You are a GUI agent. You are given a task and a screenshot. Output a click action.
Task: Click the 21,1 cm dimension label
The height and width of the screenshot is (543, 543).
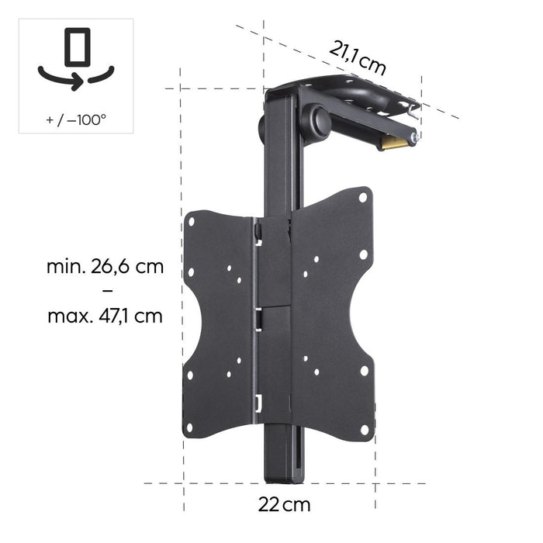point(358,57)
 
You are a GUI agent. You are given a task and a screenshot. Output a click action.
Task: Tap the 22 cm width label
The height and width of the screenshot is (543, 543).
point(284,504)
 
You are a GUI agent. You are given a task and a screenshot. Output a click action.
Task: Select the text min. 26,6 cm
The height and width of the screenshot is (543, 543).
point(105,267)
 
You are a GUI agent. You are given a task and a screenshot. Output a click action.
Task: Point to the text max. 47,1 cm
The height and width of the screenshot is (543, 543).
point(105,316)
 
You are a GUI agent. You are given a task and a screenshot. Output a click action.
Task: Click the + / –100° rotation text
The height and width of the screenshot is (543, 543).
point(75,120)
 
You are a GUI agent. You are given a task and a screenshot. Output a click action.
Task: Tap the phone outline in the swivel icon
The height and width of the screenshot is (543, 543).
point(76,49)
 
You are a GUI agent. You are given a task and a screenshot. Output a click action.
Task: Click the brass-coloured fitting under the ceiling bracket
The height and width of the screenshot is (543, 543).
point(394,142)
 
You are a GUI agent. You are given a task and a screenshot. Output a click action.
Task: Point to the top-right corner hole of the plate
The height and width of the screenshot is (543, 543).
point(362,199)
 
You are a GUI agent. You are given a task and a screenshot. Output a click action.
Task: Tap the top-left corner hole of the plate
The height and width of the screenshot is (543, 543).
point(191,223)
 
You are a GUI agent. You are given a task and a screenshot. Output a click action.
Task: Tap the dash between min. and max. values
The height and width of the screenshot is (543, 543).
point(105,292)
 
